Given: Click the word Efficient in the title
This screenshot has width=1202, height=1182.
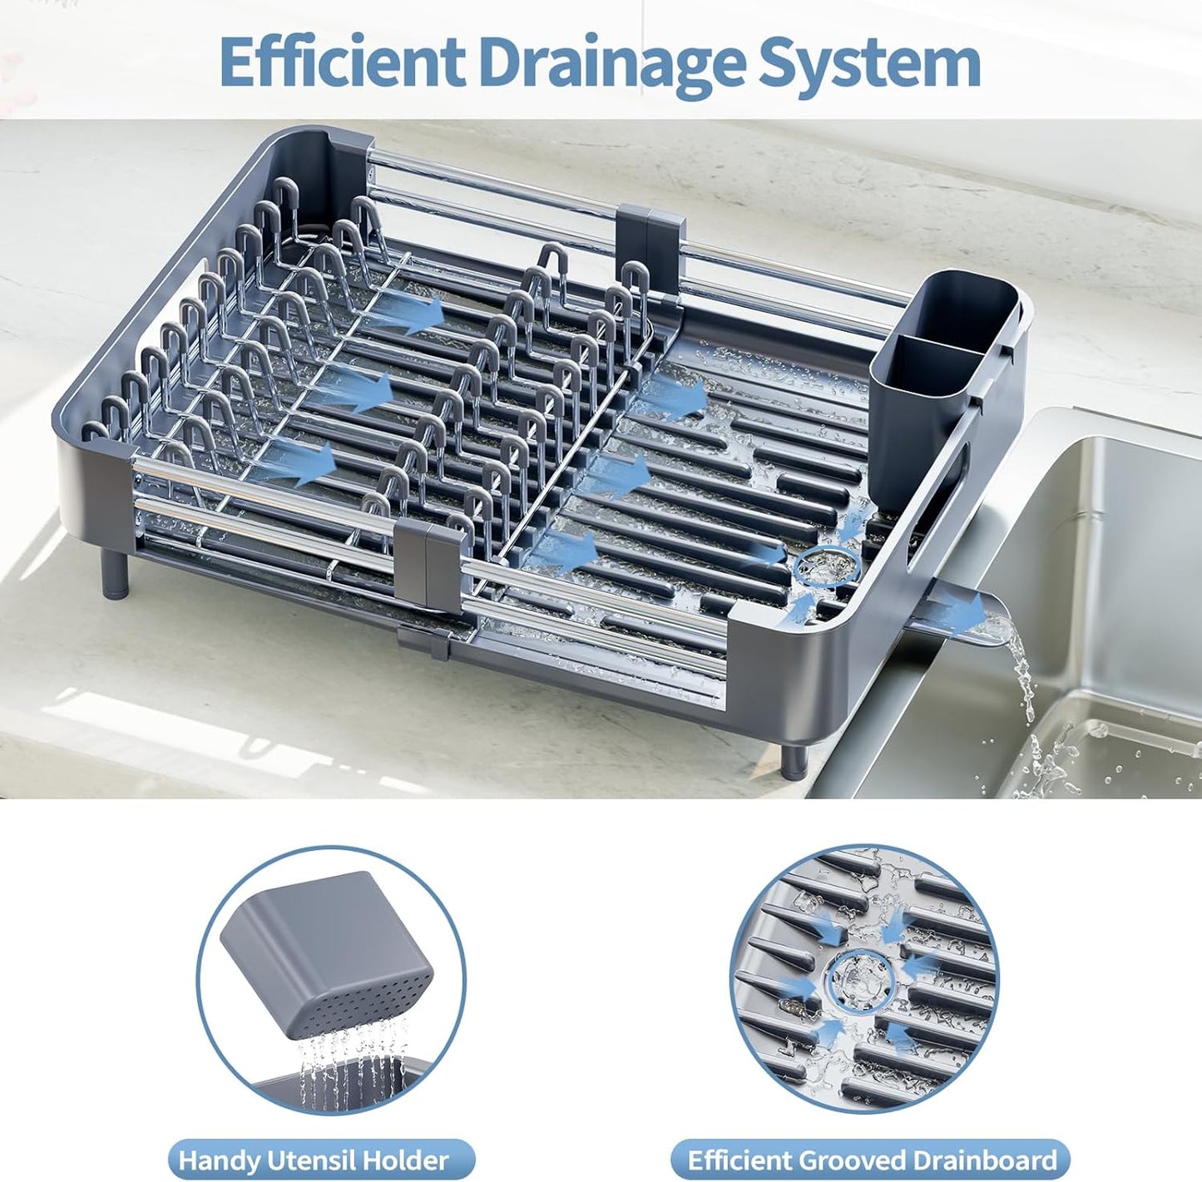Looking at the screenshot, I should [342, 62].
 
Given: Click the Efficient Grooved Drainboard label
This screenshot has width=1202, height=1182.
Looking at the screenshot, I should [871, 1160].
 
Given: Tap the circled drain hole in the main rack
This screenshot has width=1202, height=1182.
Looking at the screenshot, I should [824, 568].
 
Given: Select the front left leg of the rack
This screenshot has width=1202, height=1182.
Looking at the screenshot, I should [115, 574].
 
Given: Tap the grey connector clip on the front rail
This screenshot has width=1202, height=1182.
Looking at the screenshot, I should [429, 566].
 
